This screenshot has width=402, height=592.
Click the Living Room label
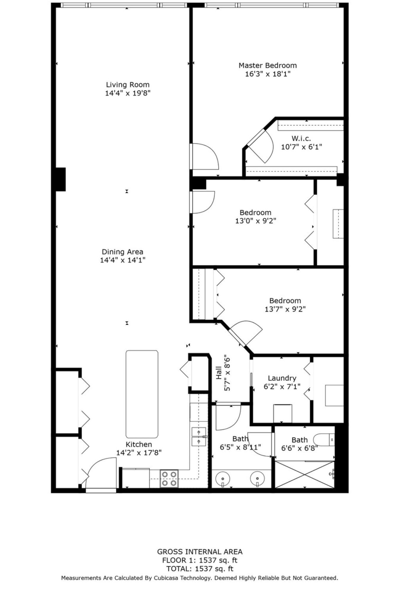128,85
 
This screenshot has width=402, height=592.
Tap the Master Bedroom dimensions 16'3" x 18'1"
268,74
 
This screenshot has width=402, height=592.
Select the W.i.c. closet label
301,139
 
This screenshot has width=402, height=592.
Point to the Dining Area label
122,252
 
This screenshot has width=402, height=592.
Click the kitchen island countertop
142,394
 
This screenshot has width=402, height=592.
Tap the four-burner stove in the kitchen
169,479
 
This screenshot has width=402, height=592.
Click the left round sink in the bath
223,478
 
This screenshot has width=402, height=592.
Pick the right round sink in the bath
257,478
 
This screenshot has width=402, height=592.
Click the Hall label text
219,373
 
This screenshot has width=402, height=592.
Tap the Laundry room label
282,378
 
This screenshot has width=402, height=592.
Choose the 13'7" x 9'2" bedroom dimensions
285,309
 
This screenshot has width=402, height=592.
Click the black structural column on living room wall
60,179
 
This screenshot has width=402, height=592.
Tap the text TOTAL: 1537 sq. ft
200,569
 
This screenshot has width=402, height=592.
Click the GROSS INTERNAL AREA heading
200,552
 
